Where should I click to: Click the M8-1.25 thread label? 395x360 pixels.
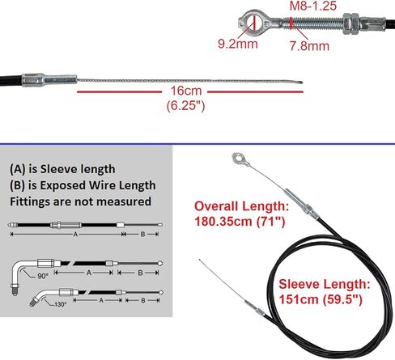[313, 6]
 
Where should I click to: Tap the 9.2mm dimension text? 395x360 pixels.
[238, 44]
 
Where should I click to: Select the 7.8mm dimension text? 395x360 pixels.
[309, 46]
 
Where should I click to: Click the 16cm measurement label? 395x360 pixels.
[186, 91]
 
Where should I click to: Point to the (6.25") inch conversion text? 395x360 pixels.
[185, 105]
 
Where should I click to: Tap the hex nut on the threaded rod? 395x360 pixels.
[350, 23]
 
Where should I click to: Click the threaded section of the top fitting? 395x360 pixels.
[313, 23]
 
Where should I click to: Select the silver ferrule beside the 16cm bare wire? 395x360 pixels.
[49, 80]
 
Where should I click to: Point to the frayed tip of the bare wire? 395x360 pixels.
[302, 83]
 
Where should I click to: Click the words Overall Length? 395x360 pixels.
[241, 206]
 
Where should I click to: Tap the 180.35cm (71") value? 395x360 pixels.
[240, 222]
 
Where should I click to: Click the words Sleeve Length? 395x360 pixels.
[325, 284]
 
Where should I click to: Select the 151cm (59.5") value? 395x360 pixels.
[321, 299]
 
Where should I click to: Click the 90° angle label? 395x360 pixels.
[43, 276]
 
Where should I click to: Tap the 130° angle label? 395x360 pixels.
[60, 304]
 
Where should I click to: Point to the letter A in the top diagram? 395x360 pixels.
[75, 235]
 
